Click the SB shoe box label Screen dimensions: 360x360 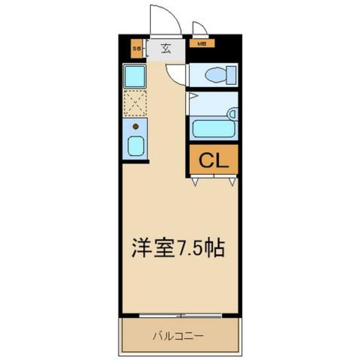[136, 48]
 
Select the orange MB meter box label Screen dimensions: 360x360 [202, 44]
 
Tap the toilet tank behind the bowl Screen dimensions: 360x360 [232, 75]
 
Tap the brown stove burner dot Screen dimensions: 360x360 [136, 126]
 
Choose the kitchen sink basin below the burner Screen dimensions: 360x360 [136, 146]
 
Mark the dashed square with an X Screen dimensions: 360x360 [135, 103]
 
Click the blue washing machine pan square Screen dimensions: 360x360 [135, 76]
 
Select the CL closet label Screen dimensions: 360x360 [214, 161]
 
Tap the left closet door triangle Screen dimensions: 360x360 [195, 182]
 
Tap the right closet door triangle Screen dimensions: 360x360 [232, 182]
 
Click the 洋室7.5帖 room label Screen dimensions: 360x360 [178, 248]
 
